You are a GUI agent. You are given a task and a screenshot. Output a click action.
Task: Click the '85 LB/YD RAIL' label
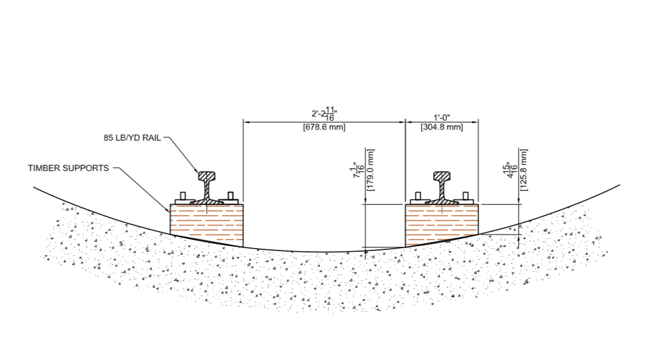[x=132, y=138]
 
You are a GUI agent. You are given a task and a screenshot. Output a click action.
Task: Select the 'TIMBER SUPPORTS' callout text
[x=68, y=168]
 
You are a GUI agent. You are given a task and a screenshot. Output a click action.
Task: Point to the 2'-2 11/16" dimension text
[x=324, y=114]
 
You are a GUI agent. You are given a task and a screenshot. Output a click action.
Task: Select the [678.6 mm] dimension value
[x=323, y=127]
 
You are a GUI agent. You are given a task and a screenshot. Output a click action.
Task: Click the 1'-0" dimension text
[x=441, y=117]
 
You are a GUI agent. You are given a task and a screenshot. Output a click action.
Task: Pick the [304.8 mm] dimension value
[x=441, y=127]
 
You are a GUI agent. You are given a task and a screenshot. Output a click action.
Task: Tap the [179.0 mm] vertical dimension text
[x=370, y=170]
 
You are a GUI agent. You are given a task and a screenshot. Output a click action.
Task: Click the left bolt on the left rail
[x=182, y=196]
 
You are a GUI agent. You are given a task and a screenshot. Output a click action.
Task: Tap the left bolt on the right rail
[x=417, y=196]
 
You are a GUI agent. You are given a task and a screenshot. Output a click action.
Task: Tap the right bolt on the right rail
[x=466, y=196]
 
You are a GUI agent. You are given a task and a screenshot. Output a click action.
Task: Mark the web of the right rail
[x=442, y=189]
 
